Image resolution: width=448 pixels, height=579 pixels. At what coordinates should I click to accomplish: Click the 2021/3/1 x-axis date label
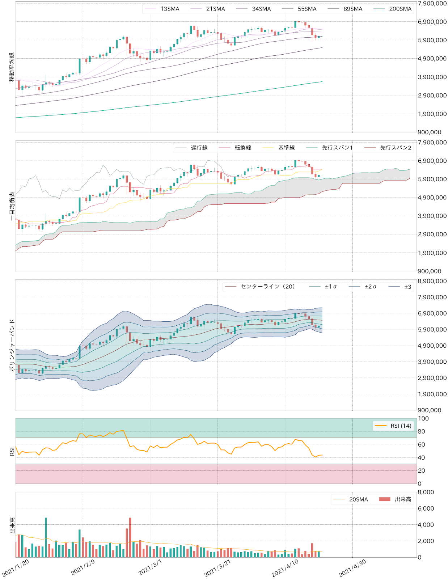point(150,567)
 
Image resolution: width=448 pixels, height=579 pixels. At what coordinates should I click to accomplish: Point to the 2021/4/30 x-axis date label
point(352,568)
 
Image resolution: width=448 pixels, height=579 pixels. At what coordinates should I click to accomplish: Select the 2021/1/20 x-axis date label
point(15,568)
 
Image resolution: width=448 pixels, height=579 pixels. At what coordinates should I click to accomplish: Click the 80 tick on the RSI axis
point(422,431)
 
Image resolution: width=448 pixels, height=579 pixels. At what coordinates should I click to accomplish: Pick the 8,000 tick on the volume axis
point(426,492)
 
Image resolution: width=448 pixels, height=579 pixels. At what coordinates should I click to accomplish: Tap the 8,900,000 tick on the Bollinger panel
point(432,281)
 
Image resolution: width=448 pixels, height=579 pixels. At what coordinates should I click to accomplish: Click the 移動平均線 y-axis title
point(12,67)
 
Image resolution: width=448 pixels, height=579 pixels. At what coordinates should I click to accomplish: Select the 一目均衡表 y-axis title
point(12,206)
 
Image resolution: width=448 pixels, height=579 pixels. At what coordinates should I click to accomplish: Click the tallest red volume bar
point(130,537)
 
